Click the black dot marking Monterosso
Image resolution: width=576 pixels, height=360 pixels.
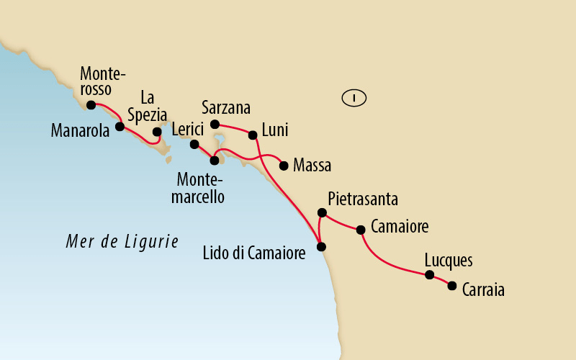tap(91, 105)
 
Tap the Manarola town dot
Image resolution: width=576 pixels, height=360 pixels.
tap(120, 127)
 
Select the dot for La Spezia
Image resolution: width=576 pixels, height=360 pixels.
tap(157, 132)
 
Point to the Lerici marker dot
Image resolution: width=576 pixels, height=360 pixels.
tap(194, 144)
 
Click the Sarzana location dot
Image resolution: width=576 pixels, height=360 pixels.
tap(215, 125)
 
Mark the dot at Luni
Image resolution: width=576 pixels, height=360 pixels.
tap(253, 135)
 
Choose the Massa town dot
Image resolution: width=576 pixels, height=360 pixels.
tap(283, 165)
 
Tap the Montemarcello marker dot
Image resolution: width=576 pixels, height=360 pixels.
tap(214, 161)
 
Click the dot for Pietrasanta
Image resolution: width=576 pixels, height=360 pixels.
tap(322, 212)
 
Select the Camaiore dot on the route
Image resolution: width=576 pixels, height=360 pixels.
tap(361, 230)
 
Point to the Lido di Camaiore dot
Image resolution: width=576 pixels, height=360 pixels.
tap(322, 247)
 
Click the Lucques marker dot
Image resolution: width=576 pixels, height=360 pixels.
tap(429, 275)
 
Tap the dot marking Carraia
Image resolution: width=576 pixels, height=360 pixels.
tap(452, 286)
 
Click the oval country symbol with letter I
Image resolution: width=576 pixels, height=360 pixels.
tap(354, 97)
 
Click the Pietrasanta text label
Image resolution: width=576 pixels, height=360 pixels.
tap(362, 198)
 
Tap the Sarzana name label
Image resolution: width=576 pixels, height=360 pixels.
tap(226, 108)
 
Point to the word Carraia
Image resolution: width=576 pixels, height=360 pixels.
tap(483, 291)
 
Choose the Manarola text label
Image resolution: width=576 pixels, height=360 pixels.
tap(79, 130)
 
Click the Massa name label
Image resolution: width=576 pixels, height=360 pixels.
tap(312, 166)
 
